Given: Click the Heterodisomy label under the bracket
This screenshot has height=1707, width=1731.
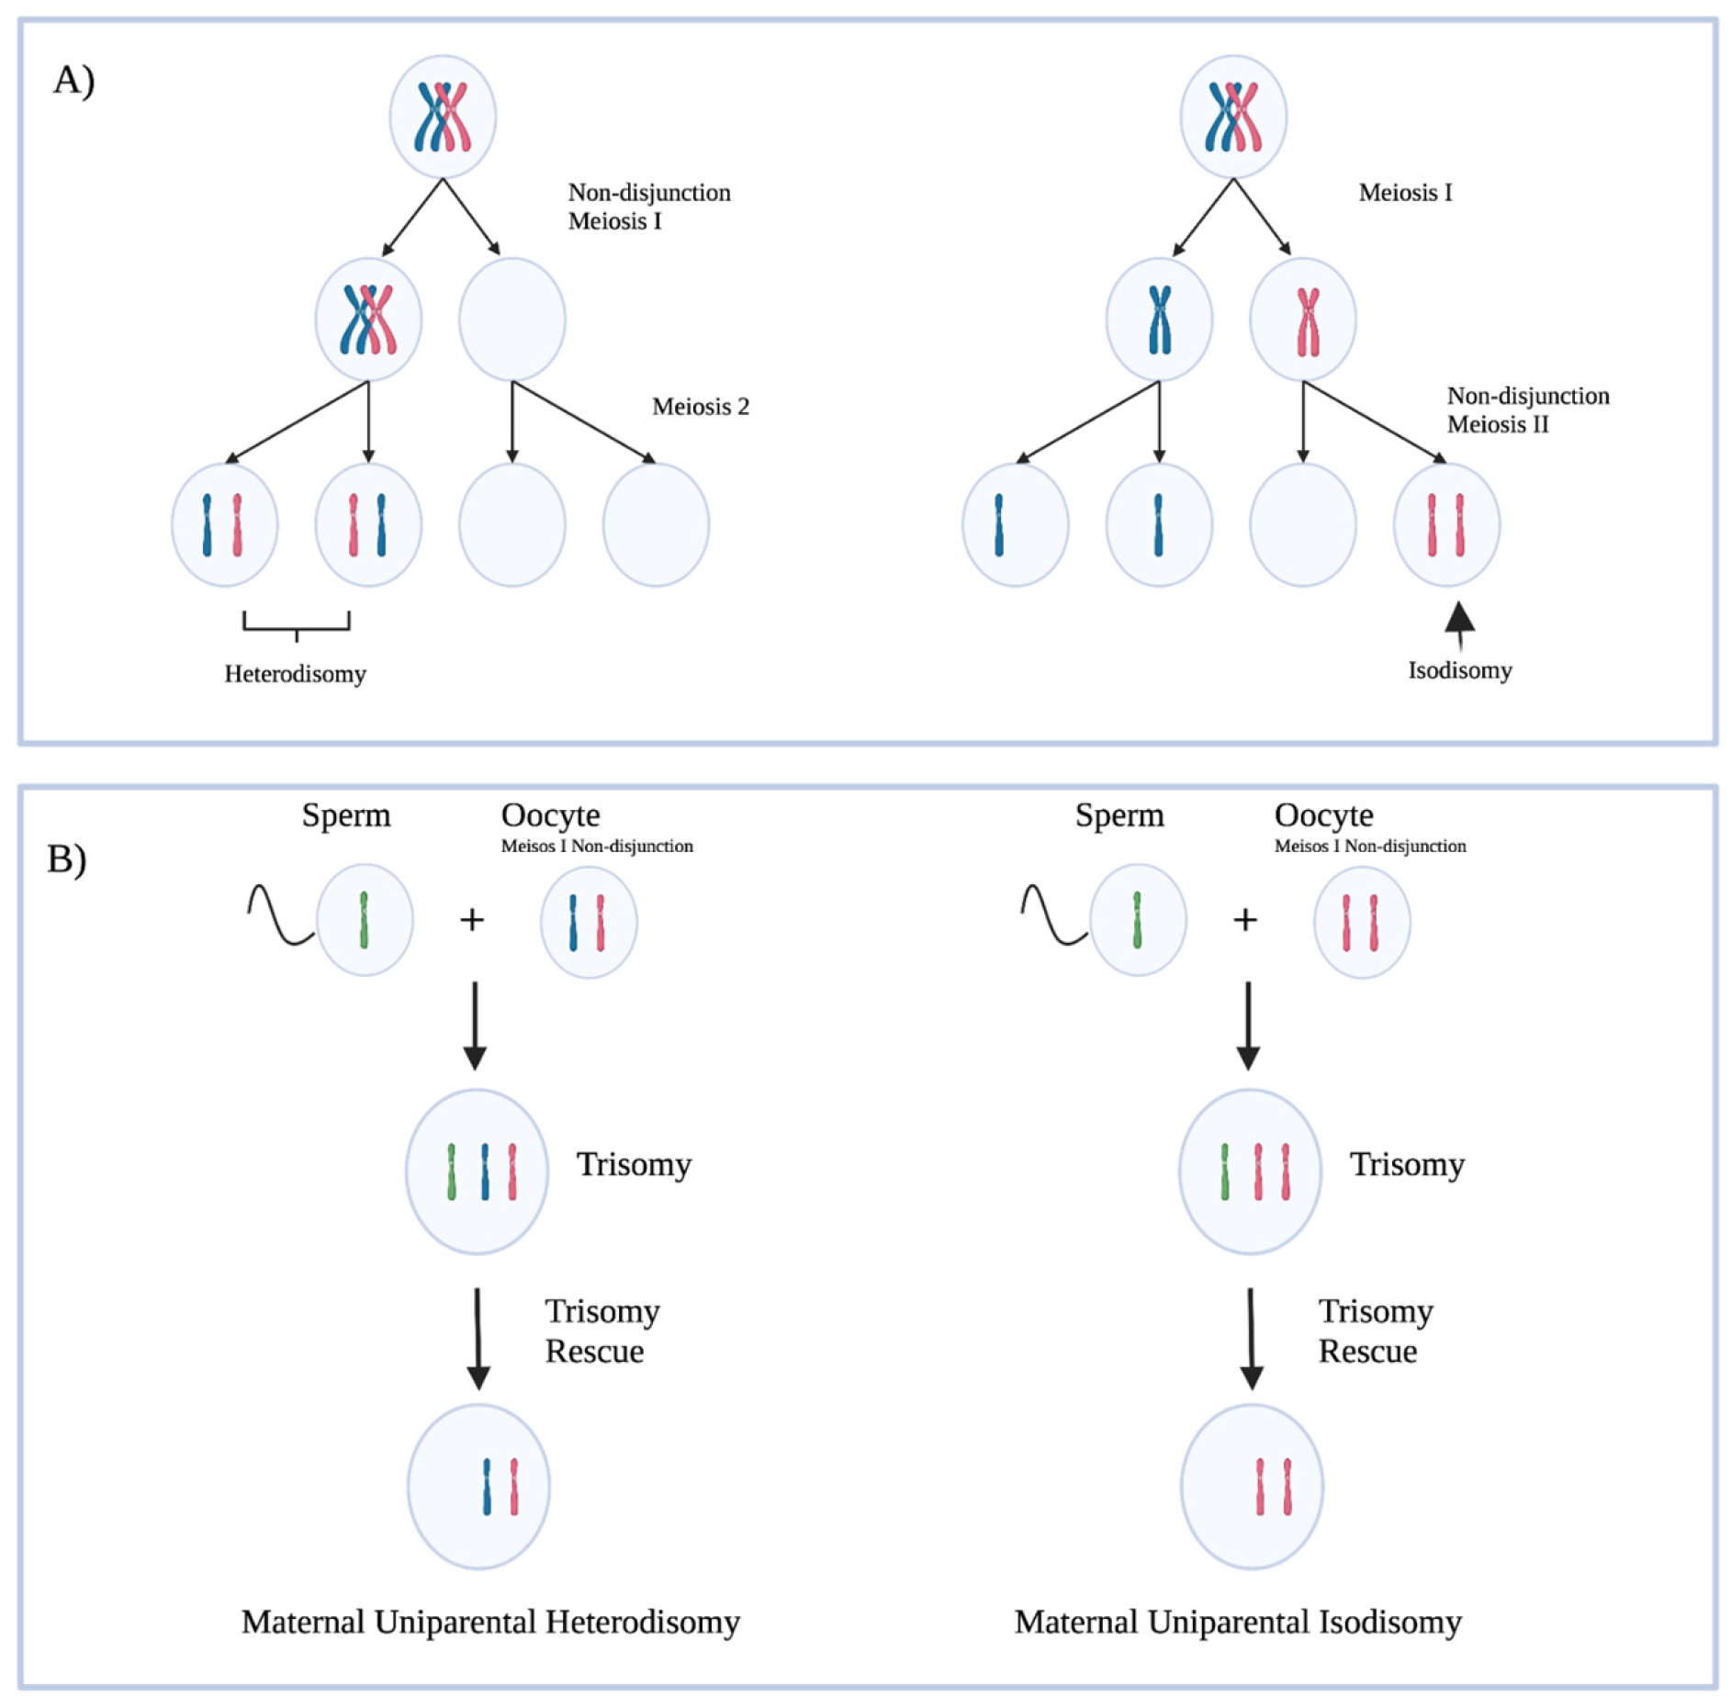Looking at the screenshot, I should [295, 674].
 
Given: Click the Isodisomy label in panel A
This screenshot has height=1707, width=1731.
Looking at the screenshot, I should [1459, 670].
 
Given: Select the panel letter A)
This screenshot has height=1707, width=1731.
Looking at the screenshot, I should [73, 81].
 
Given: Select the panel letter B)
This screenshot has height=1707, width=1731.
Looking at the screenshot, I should [67, 859].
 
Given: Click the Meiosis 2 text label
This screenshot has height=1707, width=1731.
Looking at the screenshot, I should [700, 407].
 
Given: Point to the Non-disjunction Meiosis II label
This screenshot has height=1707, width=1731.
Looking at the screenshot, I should [1527, 410].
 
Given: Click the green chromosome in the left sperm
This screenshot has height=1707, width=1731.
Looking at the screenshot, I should [364, 920].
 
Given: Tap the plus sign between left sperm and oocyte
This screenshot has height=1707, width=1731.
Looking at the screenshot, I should [471, 920].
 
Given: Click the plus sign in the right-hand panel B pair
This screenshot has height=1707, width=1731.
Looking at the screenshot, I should [1244, 920].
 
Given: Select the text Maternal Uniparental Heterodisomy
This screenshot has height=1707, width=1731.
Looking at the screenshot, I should [490, 1622].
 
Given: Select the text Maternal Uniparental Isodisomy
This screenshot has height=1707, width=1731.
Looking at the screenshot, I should [1237, 1622].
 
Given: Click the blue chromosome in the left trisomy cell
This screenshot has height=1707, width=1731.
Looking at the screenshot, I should [484, 1172].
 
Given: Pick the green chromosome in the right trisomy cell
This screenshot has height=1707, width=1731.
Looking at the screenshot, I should [1224, 1172].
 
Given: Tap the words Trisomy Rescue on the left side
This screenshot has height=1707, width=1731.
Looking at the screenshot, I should [601, 1331].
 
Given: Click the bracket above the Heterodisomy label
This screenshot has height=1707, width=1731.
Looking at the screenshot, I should [296, 625].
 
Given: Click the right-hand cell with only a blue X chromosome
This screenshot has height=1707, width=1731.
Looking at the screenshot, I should [1159, 320].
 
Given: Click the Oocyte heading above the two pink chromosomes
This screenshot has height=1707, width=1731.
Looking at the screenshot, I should [1322, 815].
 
